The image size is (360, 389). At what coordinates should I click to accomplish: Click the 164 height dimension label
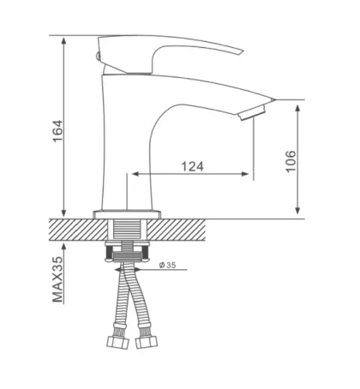[x=57, y=131]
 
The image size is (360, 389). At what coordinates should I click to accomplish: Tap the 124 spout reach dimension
[x=193, y=166]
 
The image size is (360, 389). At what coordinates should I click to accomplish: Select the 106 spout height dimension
[x=291, y=161]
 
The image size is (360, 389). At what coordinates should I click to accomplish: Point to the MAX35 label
[x=57, y=279]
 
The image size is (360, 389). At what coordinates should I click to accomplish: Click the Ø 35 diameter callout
[x=167, y=266]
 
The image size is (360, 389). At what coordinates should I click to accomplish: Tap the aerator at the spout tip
[x=252, y=113]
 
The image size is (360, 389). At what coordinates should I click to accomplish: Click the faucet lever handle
[x=169, y=53]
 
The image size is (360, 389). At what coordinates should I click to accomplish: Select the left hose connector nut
[x=117, y=342]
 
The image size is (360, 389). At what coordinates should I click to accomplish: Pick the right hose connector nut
[x=147, y=342]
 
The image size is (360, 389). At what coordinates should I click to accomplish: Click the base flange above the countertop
[x=127, y=214]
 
